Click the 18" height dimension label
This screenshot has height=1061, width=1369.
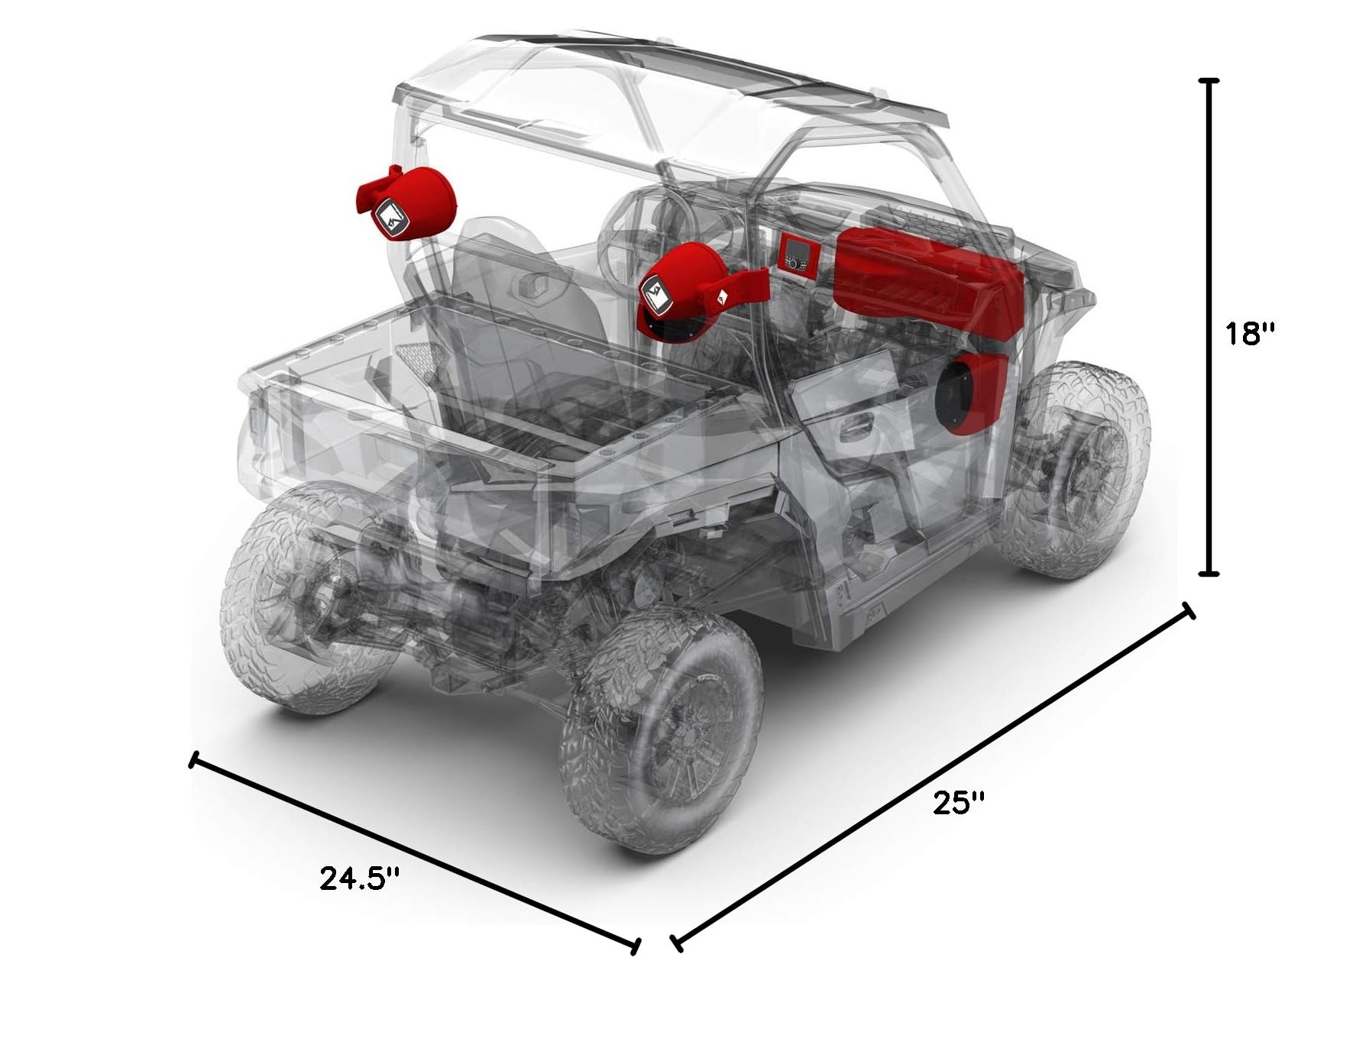(1251, 333)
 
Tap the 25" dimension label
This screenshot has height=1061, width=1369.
(960, 803)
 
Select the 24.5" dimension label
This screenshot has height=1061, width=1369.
(360, 879)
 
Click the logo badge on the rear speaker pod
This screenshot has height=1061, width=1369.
(390, 218)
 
